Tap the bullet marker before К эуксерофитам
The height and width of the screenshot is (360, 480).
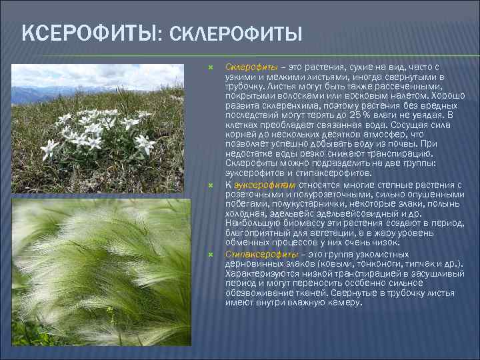(209, 185)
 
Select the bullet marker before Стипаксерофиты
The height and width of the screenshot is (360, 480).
(209, 255)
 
